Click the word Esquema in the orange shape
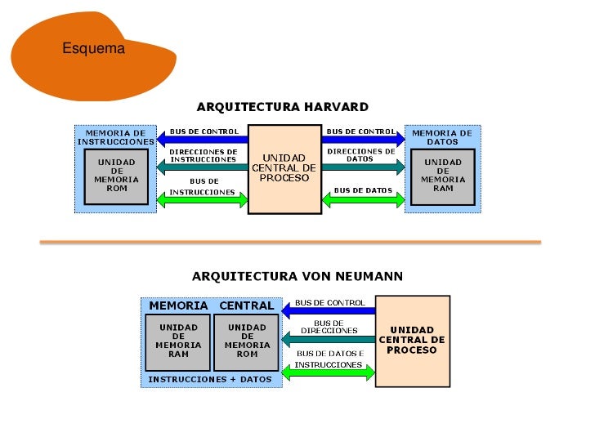pyautogui.click(x=93, y=49)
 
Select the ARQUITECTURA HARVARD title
pyautogui.click(x=282, y=107)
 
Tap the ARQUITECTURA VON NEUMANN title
pyautogui.click(x=297, y=276)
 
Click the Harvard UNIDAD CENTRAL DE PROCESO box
pyautogui.click(x=284, y=168)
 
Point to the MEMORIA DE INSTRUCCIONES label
pyautogui.click(x=116, y=136)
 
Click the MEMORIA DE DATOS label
pyautogui.click(x=442, y=136)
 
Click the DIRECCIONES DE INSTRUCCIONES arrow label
pyautogui.click(x=203, y=155)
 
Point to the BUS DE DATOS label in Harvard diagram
pyautogui.click(x=363, y=190)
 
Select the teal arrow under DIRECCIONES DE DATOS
pyautogui.click(x=363, y=167)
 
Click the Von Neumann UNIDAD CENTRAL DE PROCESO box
pyautogui.click(x=412, y=340)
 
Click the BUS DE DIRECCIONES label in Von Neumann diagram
pyautogui.click(x=329, y=326)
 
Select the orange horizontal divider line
pyautogui.click(x=290, y=243)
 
